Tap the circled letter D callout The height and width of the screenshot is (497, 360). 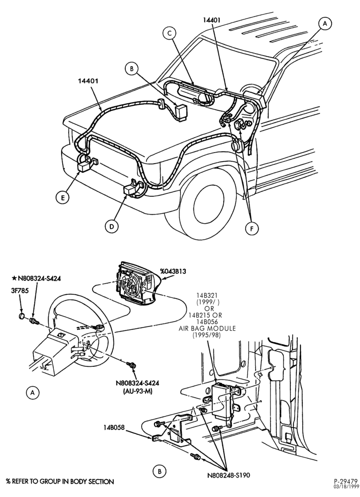[x=111, y=226]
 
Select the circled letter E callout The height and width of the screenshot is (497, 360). [x=63, y=197]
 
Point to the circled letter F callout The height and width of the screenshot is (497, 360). [x=252, y=229]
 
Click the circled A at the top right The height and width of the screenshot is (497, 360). [x=325, y=23]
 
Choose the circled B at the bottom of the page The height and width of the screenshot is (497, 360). [x=160, y=471]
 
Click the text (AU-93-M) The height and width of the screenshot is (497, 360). [x=137, y=392]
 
